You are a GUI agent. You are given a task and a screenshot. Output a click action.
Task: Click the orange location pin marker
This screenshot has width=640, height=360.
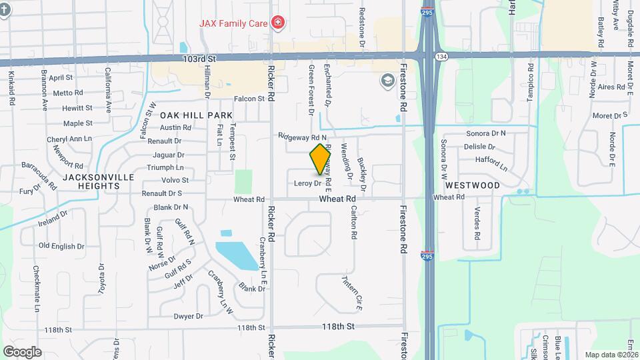coord(321,159)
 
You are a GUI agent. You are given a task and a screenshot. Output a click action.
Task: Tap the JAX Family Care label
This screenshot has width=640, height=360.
coord(233,23)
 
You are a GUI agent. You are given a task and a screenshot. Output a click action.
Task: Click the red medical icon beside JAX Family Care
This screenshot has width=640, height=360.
coord(277,23)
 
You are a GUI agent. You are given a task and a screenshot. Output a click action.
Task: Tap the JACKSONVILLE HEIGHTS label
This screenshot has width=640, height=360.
coord(99,182)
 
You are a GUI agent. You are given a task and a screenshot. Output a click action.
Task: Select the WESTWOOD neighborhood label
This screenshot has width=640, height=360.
coord(472,185)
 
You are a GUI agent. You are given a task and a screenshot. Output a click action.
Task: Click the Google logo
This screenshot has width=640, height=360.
coord(22,352)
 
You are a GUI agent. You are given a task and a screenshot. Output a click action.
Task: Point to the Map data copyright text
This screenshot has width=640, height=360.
coord(611,355)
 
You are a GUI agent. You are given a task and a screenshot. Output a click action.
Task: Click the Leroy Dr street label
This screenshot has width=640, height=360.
coord(307,183)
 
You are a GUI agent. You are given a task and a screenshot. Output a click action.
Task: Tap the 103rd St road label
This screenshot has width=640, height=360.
coord(199,59)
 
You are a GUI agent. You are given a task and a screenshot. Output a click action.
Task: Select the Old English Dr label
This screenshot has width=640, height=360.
coord(61,246)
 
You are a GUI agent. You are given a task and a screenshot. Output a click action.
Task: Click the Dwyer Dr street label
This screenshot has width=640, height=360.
coord(188,316)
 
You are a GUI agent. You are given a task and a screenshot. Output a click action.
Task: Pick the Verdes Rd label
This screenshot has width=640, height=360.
coord(477,225)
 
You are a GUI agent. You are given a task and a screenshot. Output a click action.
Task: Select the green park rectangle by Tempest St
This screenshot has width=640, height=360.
coord(244,181)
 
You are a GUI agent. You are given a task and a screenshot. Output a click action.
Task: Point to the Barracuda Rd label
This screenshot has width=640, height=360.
coord(40,170)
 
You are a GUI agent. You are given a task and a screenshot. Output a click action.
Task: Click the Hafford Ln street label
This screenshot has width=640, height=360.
coord(491,160)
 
